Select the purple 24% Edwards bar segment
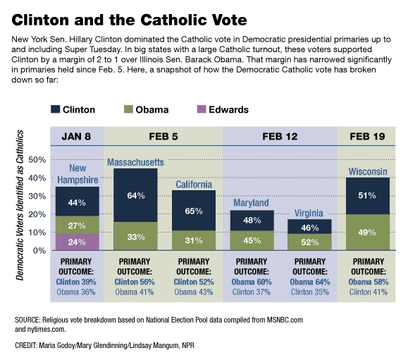[78, 242]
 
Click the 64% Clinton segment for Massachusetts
[136, 195]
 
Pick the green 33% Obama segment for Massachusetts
[136, 237]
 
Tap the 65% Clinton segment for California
[194, 210]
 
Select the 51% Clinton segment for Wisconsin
[368, 196]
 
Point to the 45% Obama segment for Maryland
[252, 240]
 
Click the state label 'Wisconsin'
[368, 171]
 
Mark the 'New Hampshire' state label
[78, 174]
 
